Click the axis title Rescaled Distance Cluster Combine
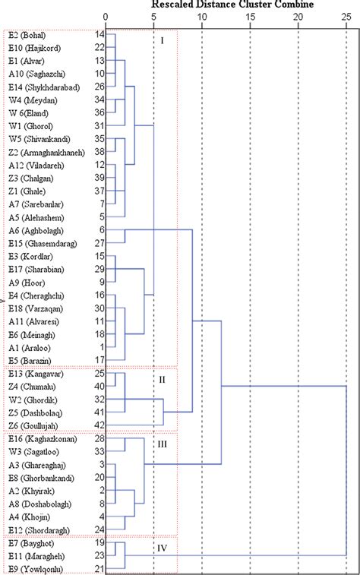[x=238, y=4]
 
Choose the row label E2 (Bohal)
[x=27, y=35]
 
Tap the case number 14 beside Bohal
[x=99, y=35]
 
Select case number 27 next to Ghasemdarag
[x=99, y=243]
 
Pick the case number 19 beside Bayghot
[x=99, y=543]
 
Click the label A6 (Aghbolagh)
[x=35, y=230]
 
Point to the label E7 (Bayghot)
[x=31, y=543]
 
